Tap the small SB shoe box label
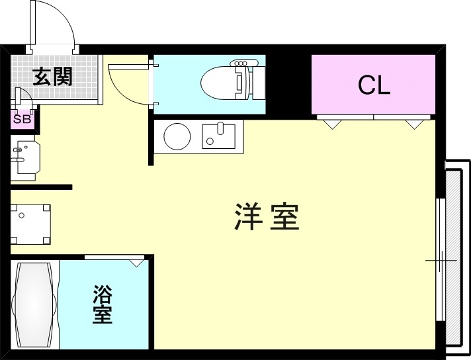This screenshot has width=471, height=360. [21, 120]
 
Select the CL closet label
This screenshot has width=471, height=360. [374, 85]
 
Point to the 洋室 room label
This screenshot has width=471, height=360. [267, 216]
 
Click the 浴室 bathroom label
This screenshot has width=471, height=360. [102, 304]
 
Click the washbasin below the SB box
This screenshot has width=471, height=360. [24, 159]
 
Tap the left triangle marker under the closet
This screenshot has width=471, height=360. [332, 123]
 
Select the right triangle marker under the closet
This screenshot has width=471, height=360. [414, 123]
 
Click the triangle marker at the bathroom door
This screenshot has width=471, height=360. [137, 263]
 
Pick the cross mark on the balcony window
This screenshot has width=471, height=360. [441, 261]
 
